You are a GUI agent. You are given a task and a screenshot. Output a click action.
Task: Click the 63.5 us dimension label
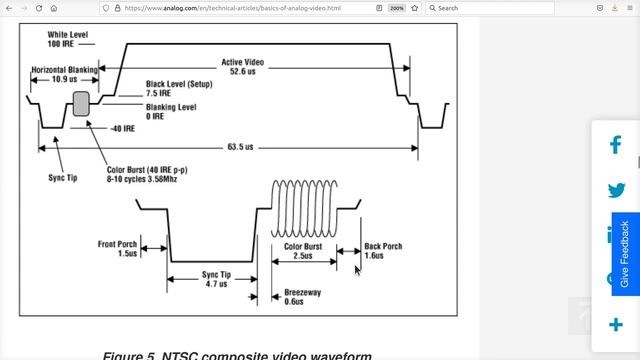240,148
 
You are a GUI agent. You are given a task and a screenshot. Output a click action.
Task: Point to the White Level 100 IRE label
66,39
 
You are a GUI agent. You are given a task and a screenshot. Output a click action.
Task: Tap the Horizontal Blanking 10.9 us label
64,74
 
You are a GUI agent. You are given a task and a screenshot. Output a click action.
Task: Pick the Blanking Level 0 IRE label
170,110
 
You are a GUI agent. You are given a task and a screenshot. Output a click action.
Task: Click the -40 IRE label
122,128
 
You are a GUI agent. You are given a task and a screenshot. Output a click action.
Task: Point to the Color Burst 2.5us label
304,250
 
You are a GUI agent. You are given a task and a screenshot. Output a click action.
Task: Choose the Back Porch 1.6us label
383,250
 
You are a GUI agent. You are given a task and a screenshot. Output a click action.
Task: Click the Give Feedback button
625,254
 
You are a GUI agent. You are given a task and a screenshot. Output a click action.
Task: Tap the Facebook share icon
616,145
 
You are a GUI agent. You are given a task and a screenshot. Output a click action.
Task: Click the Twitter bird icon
616,190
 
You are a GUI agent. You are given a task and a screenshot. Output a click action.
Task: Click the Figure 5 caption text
237,355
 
